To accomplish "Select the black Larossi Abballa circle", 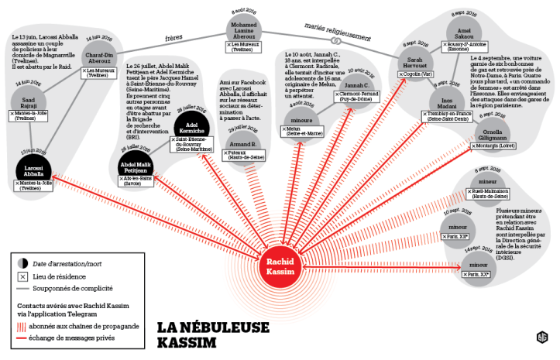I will tap(32, 170).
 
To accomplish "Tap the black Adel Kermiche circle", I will tap(191, 127).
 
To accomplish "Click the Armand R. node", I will tap(242, 143).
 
